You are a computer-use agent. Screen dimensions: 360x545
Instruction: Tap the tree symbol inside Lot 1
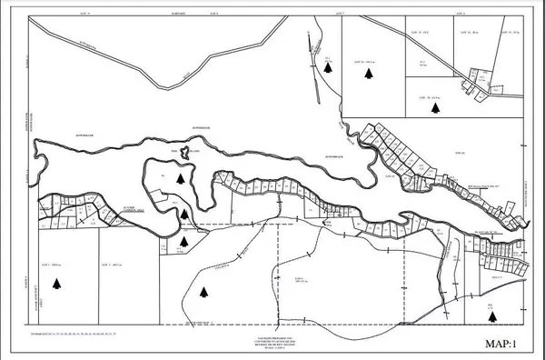[x=57, y=285]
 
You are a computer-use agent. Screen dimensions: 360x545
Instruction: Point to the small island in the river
[x=183, y=154]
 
